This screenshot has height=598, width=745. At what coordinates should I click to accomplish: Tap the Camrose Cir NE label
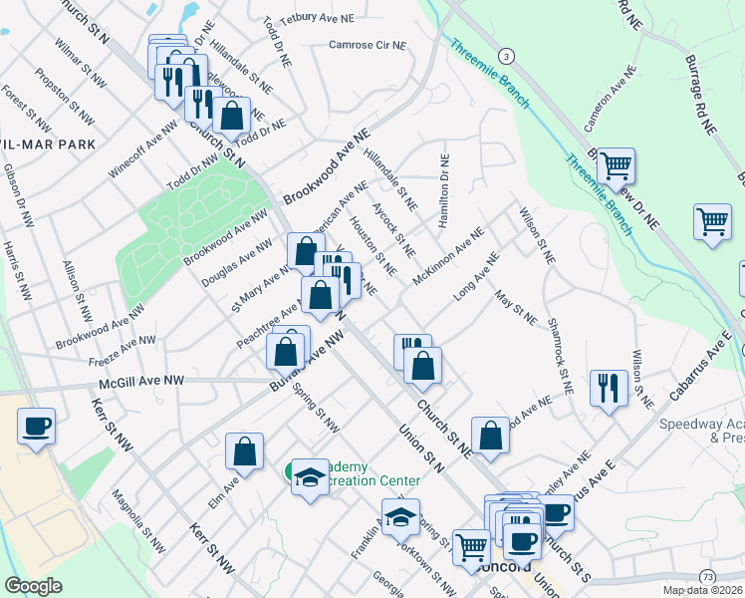tap(368, 45)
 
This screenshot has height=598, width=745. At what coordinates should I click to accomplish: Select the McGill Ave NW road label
tap(141, 381)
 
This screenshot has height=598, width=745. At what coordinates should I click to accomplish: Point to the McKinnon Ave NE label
tap(447, 254)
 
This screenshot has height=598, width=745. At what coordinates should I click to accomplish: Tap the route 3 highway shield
tap(507, 55)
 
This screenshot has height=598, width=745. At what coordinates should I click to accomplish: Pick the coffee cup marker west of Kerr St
tap(36, 427)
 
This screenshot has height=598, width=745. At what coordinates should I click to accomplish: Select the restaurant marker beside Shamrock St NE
tap(609, 386)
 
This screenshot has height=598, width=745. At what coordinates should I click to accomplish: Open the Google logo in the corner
tap(33, 585)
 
